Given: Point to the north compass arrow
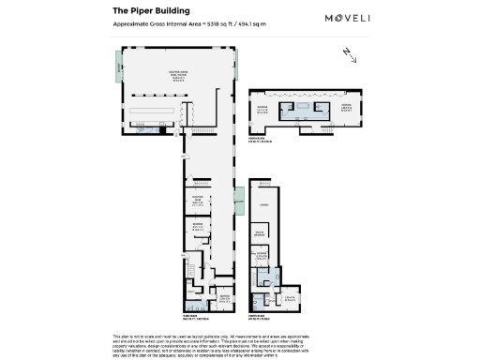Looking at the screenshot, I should (351, 54).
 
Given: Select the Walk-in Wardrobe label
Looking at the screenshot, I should (264, 236).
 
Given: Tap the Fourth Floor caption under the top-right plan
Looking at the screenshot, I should (260, 139).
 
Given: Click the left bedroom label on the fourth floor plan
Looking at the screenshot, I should (264, 108).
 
